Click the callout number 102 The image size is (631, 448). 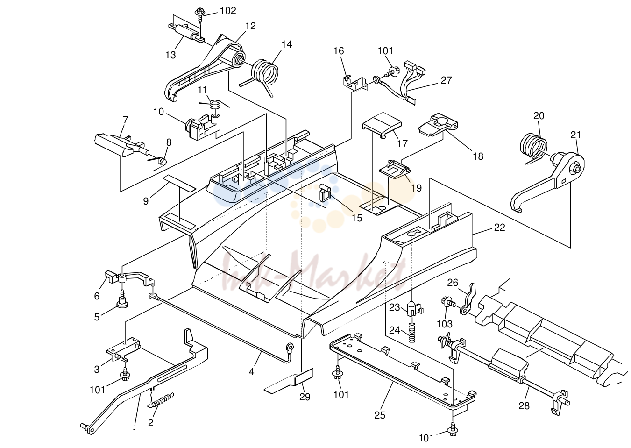point(228,11)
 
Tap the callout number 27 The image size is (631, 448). point(446,80)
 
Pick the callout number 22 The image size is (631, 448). point(499,228)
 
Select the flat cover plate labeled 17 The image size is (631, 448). point(382,125)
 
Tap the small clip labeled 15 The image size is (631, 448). point(325,193)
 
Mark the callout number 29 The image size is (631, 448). point(305,397)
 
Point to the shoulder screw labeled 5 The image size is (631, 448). point(122,299)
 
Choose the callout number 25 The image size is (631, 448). point(379,415)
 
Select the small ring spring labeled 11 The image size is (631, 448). point(215,104)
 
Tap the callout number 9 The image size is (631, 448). point(146,201)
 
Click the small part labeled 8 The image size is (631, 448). point(162,162)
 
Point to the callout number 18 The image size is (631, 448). point(478,156)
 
